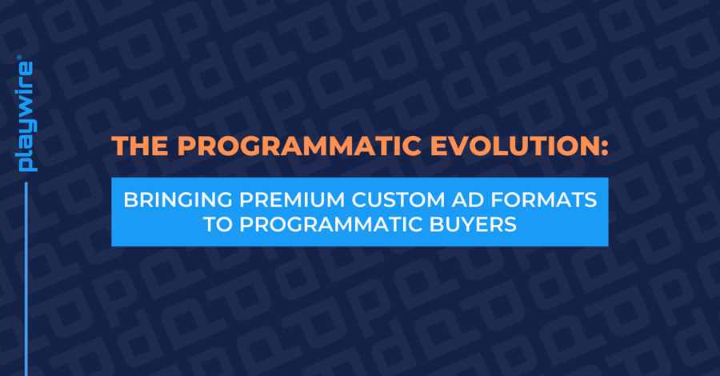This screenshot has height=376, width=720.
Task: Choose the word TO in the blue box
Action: (x=214, y=225)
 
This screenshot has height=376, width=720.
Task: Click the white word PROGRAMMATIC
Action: (x=329, y=225)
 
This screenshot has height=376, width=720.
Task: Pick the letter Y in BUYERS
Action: (x=463, y=225)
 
